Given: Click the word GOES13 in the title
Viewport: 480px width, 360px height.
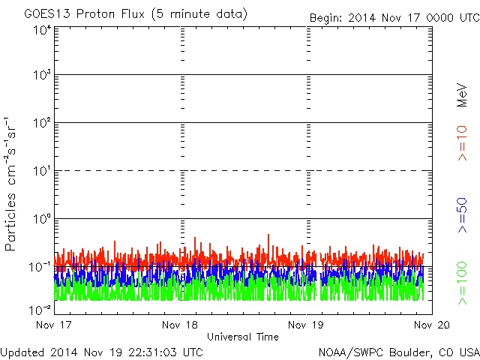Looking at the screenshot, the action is [47, 14].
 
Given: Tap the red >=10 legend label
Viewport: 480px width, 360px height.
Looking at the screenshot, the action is [462, 143].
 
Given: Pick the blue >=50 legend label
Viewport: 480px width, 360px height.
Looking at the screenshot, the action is [462, 215].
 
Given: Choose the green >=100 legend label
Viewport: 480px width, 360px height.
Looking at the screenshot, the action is [462, 283].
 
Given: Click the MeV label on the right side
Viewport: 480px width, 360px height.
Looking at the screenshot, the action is [462, 95].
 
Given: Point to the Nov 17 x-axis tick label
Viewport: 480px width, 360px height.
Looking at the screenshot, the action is [53, 325].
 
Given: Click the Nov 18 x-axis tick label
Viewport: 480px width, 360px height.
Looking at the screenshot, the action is [180, 325].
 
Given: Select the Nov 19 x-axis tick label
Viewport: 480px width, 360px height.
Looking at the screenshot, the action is [306, 325].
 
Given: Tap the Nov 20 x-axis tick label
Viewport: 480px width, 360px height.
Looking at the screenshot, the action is [432, 325].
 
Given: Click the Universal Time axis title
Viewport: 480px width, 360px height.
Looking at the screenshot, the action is [243, 337].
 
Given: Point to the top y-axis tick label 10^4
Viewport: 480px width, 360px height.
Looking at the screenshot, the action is [42, 30].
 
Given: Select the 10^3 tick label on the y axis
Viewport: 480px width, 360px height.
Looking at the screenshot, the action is [42, 74].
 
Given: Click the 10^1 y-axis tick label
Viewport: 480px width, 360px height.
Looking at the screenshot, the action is [42, 170].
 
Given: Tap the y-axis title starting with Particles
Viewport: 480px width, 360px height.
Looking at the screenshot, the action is [10, 184].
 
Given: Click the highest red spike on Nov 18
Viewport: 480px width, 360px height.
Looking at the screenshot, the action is [268, 235].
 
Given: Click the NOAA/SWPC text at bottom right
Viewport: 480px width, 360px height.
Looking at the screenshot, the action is [351, 352].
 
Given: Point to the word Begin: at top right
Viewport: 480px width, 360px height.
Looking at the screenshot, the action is [325, 18].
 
